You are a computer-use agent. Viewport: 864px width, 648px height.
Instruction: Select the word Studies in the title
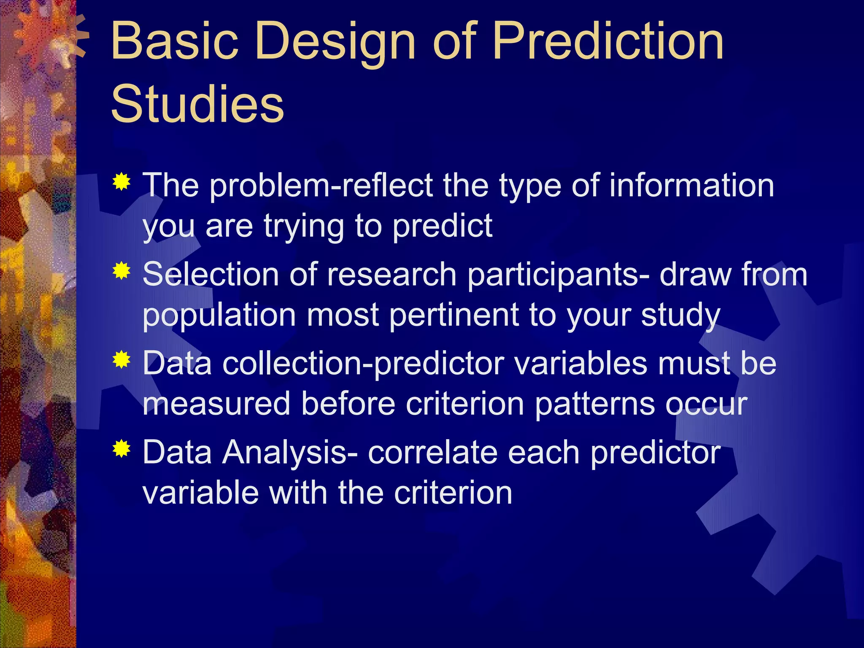[x=197, y=104]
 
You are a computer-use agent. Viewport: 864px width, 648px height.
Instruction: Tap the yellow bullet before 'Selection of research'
[x=121, y=271]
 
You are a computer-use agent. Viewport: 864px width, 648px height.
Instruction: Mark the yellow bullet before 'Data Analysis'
[x=121, y=449]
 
